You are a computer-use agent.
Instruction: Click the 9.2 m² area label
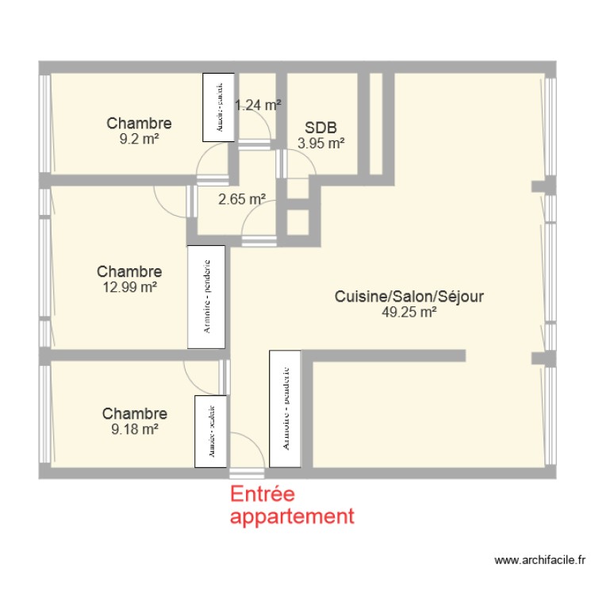(139, 137)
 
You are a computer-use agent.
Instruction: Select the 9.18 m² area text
(134, 428)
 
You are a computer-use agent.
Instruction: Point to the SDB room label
(321, 129)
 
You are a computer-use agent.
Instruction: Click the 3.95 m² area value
(321, 144)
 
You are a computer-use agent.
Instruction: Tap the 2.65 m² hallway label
(241, 199)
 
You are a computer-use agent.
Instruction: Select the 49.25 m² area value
(409, 312)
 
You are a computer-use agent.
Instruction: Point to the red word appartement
(291, 516)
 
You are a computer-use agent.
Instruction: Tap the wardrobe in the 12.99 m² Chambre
(206, 297)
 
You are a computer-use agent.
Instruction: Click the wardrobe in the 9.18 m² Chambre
(210, 432)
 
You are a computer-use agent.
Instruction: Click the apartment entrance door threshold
(247, 473)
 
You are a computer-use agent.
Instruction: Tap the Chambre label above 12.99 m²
(129, 271)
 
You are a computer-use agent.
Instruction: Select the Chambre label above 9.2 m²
(139, 123)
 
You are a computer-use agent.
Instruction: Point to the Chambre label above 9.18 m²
(134, 413)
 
